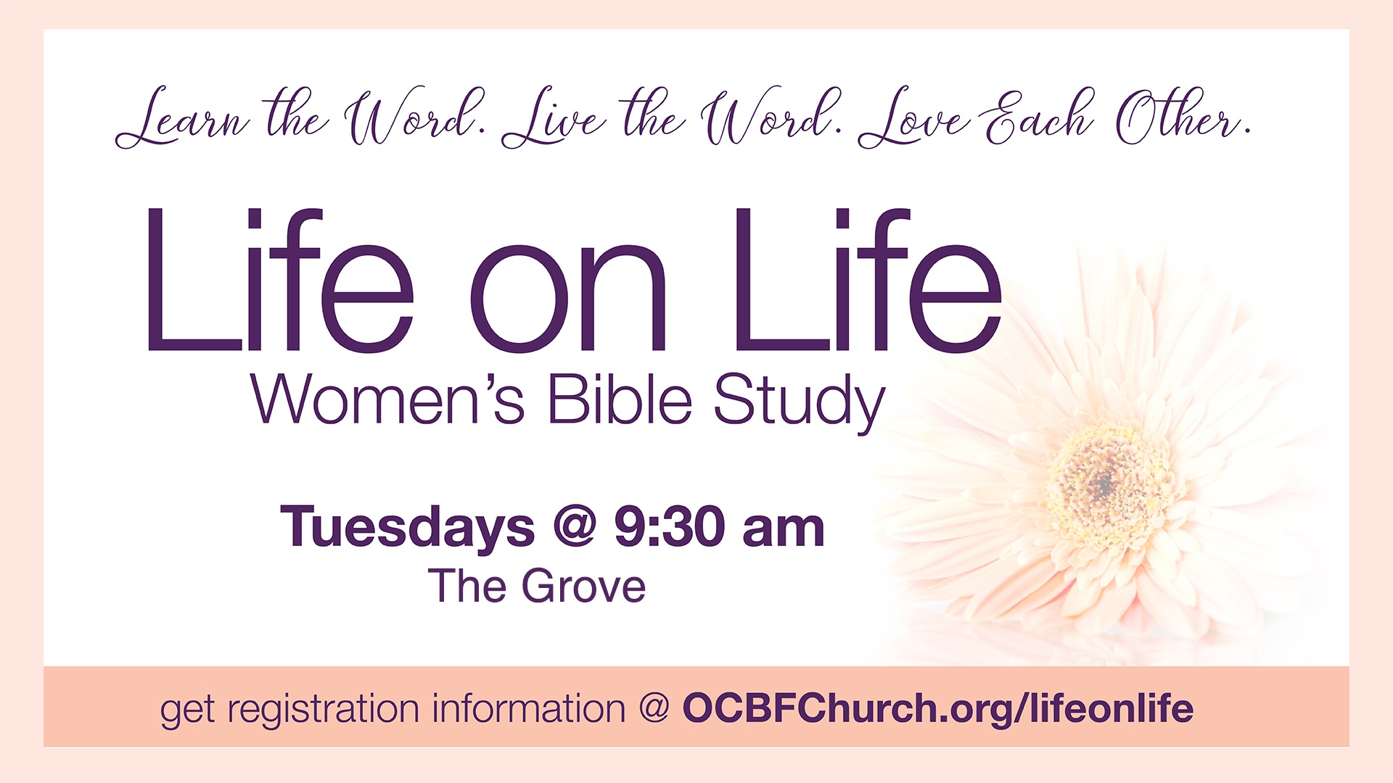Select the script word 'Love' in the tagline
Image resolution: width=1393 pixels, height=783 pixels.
(914, 117)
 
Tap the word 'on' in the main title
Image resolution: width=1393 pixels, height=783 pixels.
(568, 298)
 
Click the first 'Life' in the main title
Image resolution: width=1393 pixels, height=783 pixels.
(280, 280)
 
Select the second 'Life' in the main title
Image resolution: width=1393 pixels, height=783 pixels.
(868, 280)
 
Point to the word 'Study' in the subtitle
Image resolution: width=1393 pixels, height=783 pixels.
(800, 403)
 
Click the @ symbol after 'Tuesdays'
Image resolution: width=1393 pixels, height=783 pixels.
(575, 527)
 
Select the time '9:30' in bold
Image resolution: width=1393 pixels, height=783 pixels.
(670, 526)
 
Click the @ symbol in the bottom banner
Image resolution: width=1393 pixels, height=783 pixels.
(654, 709)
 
